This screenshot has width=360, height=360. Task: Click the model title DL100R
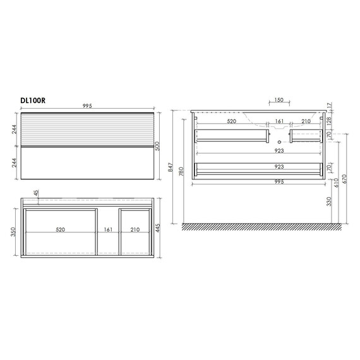coord(33,100)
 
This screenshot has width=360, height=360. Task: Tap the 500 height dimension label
coord(157,146)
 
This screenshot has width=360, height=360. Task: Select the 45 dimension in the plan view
coord(37,193)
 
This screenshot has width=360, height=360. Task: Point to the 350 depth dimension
coord(13,232)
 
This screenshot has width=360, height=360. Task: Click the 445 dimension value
coord(157,228)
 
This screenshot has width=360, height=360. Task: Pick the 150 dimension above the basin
coord(279,100)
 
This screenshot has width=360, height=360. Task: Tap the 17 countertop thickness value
coord(329,105)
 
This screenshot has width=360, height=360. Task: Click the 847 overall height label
coord(171,167)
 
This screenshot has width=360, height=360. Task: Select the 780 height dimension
coord(181,172)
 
